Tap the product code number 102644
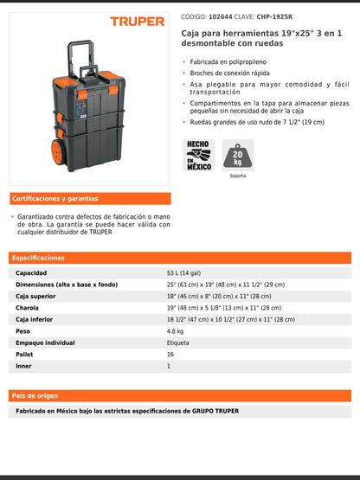[222, 16]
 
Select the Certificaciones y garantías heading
[55, 199]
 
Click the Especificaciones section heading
[39, 258]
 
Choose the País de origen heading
[35, 394]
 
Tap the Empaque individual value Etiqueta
[178, 342]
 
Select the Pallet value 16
[170, 355]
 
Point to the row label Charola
[28, 308]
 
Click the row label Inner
[23, 366]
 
